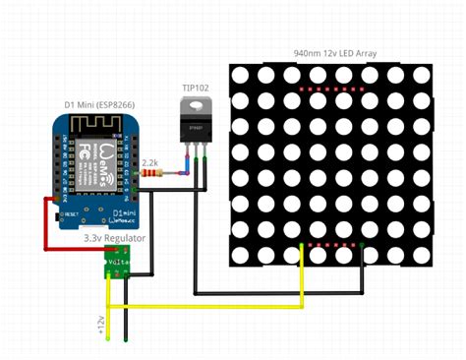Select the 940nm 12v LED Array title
pos(334,53)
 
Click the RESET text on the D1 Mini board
pos(70,211)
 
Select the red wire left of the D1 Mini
pos(44,221)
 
